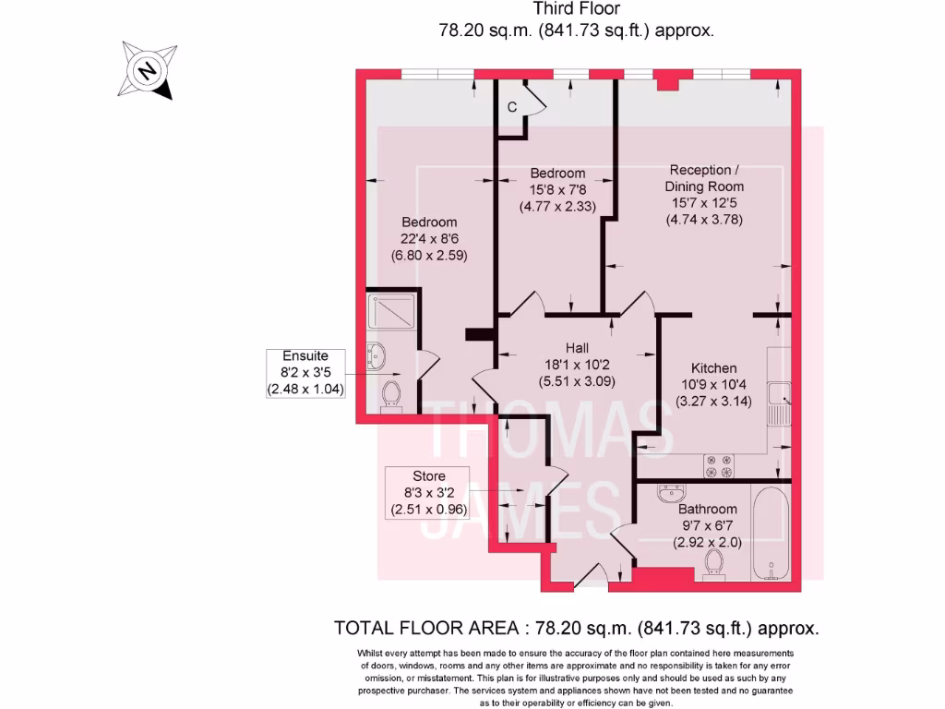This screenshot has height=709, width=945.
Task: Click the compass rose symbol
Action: pos(146,69)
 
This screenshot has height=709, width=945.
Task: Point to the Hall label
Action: pos(577,348)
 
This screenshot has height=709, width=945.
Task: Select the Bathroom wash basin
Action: pos(671,494)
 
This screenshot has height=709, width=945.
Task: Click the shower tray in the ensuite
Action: pos(393,311)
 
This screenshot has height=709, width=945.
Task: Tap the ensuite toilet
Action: pos(391,393)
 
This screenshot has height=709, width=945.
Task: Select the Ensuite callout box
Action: pos(305,373)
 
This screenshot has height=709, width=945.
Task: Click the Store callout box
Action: pos(428,493)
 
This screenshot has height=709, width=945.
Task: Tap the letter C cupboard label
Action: pos(511,107)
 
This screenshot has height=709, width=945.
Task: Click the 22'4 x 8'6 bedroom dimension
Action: pos(429,239)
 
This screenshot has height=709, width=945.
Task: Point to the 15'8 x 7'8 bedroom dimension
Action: pos(557,190)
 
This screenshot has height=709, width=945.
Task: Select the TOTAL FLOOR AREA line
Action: pos(576,629)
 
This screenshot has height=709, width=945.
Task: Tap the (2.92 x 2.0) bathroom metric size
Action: pos(708,542)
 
